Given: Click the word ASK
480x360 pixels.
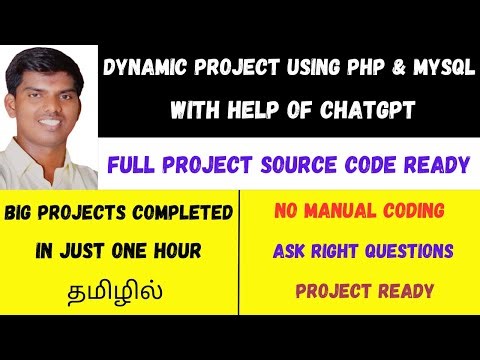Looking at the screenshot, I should point(290,251).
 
